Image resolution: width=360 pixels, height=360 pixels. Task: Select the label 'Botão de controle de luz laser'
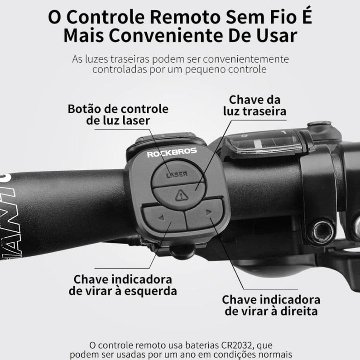pyautogui.click(x=118, y=115)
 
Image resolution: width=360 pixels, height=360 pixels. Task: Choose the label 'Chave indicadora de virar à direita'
pyautogui.click(x=271, y=305)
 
